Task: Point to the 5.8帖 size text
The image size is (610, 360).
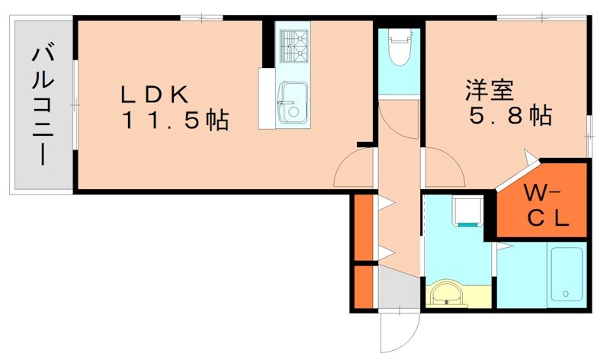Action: click(x=509, y=117)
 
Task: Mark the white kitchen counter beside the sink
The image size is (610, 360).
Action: click(x=266, y=98)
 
